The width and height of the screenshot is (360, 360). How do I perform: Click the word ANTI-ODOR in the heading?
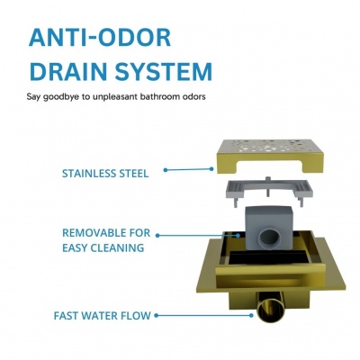point(100,38)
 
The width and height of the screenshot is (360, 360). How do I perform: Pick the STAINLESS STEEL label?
point(105,174)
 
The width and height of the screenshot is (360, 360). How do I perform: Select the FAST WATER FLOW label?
point(102,316)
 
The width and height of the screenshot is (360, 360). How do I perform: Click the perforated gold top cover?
point(270,155)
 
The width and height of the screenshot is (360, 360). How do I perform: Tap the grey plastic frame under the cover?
point(269,192)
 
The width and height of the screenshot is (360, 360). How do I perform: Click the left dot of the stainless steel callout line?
point(166,170)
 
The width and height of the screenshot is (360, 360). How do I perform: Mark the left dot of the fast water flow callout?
point(157,316)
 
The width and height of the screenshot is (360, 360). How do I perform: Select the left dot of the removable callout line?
point(157,236)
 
